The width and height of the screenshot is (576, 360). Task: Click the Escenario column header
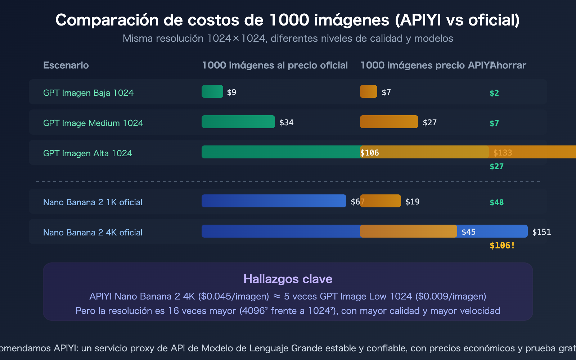click(66, 65)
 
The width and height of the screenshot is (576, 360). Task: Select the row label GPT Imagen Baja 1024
click(88, 93)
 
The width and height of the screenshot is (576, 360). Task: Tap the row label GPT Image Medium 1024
click(93, 123)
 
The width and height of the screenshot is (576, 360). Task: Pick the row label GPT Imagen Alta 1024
click(87, 153)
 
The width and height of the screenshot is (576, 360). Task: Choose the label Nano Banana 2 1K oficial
click(93, 202)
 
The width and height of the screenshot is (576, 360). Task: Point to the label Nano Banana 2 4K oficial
click(93, 233)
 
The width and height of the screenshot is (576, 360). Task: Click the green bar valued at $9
click(212, 91)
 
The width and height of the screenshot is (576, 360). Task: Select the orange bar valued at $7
click(368, 91)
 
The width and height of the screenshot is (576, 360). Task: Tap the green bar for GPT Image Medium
click(238, 122)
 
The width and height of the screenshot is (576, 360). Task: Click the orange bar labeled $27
click(389, 122)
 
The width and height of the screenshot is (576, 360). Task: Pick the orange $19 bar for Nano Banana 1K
click(380, 201)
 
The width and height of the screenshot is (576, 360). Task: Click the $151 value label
click(541, 232)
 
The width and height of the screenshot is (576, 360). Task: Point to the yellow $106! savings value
click(502, 246)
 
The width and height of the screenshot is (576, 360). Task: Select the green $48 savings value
click(496, 202)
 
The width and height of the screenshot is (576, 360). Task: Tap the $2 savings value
click(494, 93)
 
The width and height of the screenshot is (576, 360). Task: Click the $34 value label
click(286, 122)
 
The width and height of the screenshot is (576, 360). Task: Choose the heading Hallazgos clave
click(288, 279)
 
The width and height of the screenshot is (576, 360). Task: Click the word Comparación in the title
click(107, 20)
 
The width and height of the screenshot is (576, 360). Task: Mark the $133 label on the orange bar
click(502, 153)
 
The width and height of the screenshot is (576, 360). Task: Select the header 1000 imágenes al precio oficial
click(275, 65)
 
